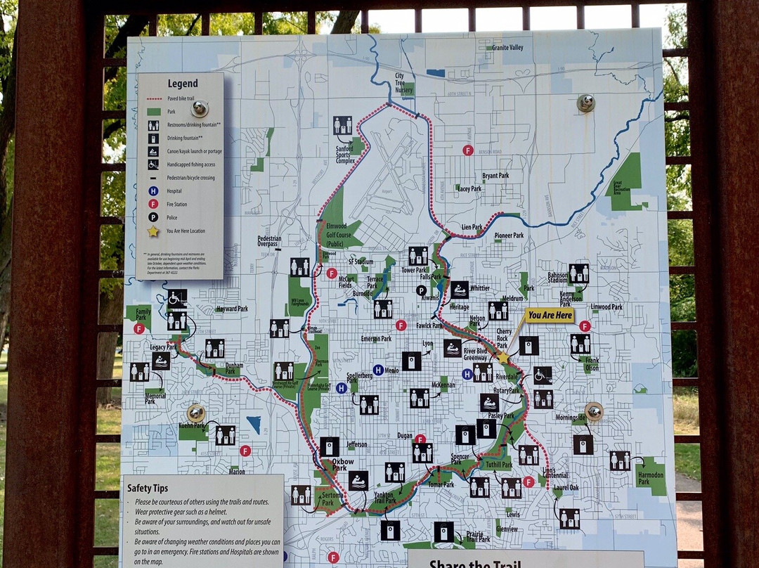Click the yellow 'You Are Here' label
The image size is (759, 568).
549,316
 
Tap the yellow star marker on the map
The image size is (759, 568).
503,358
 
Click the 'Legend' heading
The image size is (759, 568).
182,84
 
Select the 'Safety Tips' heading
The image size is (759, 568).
148,488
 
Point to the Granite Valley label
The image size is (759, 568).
507,48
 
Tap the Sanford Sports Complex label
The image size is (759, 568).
345,150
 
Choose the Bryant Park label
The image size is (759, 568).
495,175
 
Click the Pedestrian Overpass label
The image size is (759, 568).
269,242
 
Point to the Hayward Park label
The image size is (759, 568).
232,309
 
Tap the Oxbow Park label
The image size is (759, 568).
338,465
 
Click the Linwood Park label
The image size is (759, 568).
606,307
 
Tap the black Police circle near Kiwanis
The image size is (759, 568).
421,290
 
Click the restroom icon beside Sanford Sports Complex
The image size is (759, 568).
342,125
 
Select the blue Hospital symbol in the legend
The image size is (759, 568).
153,191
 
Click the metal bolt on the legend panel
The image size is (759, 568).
200,108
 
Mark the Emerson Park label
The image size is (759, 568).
375,339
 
